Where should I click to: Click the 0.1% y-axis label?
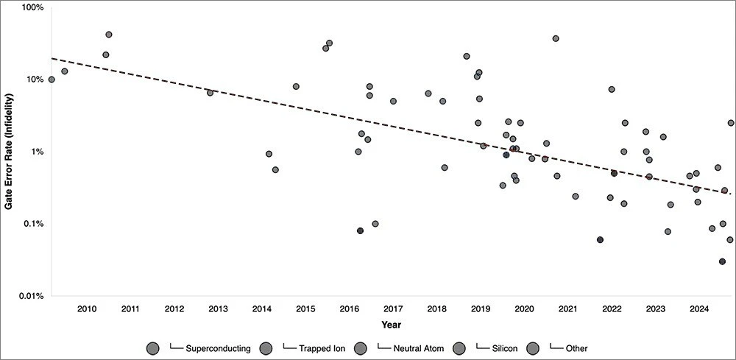(x=35, y=224)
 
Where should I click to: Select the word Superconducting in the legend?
(x=219, y=347)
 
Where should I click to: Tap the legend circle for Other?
(x=535, y=347)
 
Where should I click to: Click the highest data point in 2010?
(x=109, y=35)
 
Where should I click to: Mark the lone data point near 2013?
(x=210, y=93)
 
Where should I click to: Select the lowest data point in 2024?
(x=723, y=261)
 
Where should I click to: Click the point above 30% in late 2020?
(x=556, y=38)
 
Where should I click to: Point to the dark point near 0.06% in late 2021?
(x=601, y=240)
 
